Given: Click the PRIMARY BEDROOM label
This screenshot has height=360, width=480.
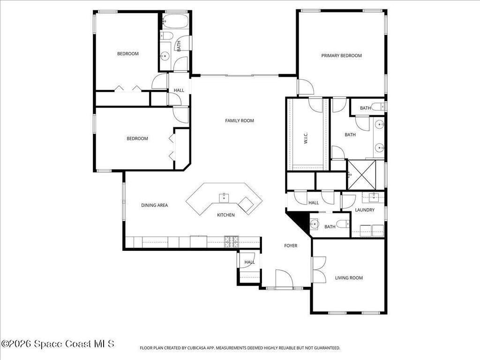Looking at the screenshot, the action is click(341, 56).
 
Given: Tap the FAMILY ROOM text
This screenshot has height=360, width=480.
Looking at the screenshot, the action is click(240, 120).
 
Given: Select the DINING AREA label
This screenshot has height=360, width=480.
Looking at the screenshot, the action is click(154, 205).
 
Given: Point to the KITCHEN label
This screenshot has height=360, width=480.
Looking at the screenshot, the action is click(226, 215).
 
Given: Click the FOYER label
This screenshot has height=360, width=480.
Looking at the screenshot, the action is click(291, 246).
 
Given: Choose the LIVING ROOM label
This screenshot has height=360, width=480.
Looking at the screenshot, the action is click(349, 277).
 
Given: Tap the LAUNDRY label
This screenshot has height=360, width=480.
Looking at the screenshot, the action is click(365, 210).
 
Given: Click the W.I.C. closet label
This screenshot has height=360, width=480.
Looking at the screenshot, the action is click(306, 138).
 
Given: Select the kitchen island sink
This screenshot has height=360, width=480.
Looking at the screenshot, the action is click(224, 197).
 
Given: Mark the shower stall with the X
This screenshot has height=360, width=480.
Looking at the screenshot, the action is click(362, 174).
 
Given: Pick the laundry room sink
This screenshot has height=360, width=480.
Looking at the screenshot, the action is click(374, 197).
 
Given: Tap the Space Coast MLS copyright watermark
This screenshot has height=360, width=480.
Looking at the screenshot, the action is click(58, 344).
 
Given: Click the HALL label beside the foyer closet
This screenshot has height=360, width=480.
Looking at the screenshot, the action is click(249, 262).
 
